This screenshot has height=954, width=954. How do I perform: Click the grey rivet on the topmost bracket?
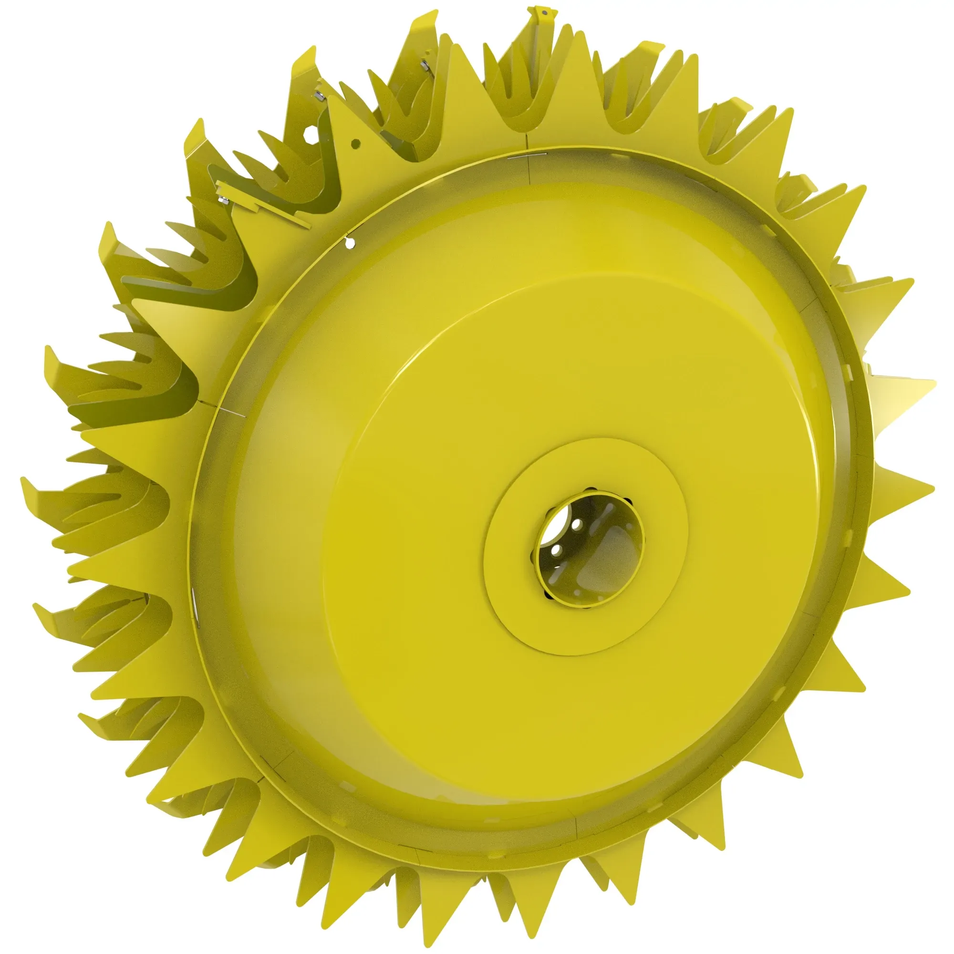click(544, 12)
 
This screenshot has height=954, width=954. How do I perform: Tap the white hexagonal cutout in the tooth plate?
click(309, 135)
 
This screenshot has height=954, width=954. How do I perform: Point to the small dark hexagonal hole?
click(355, 144)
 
